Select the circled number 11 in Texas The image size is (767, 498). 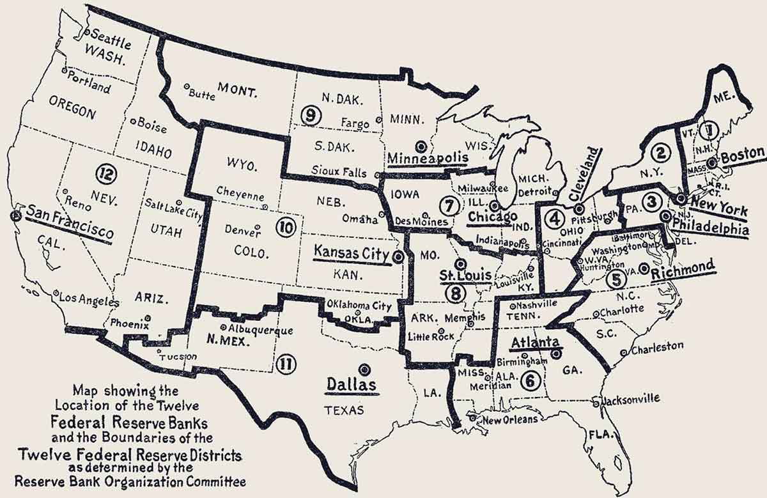coord(286,364)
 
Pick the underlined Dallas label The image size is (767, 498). coord(351,385)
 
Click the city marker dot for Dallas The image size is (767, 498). coord(364,369)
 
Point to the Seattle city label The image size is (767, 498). coord(110,40)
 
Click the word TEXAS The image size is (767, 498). coord(343,410)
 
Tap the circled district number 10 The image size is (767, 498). coord(285,226)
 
